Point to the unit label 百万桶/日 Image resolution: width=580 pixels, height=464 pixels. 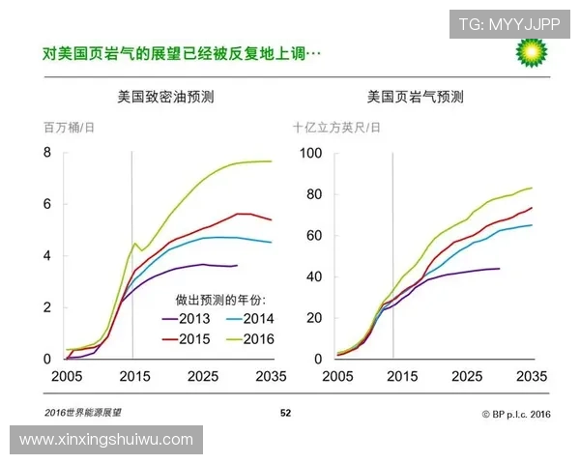(x=69, y=127)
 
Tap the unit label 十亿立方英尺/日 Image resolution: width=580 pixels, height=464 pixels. (x=336, y=127)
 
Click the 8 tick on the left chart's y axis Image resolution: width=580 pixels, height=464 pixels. (x=46, y=153)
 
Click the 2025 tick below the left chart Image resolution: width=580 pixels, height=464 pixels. (x=202, y=375)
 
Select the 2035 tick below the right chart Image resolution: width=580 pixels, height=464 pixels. (x=533, y=375)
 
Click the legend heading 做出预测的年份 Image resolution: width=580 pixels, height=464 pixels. (x=219, y=299)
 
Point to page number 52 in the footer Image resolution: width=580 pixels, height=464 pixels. (x=285, y=413)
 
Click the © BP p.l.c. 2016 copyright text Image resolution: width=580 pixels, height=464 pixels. (x=515, y=413)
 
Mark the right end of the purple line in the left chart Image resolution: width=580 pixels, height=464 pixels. (x=237, y=265)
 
